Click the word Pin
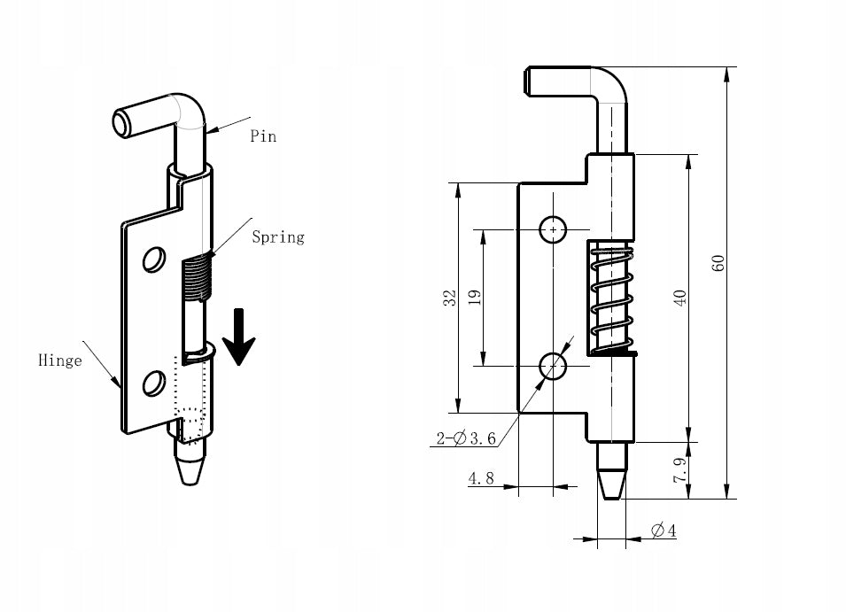(263, 136)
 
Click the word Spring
(278, 237)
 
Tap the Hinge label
(60, 360)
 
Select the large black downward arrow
(238, 337)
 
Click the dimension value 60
(718, 263)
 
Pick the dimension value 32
(449, 298)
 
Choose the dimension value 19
(475, 298)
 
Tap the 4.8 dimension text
(481, 478)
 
